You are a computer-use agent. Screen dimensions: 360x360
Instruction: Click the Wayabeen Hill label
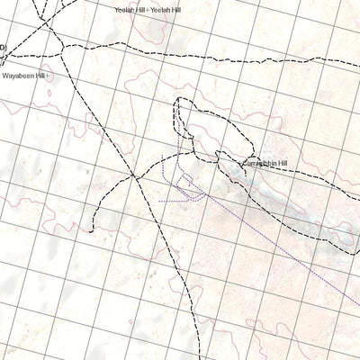pos(23,77)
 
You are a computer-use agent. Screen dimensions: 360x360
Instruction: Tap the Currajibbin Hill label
pos(264,164)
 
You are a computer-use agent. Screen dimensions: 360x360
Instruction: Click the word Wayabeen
pos(18,77)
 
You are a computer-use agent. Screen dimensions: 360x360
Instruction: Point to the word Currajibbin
pos(257,164)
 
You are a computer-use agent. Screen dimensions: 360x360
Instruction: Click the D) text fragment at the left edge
pos(3,47)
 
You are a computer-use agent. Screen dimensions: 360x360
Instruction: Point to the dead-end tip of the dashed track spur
pos(92,230)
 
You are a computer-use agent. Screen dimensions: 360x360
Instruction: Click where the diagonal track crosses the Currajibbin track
pos(135,175)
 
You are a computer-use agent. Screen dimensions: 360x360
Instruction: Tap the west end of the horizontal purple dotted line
pos(159,201)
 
